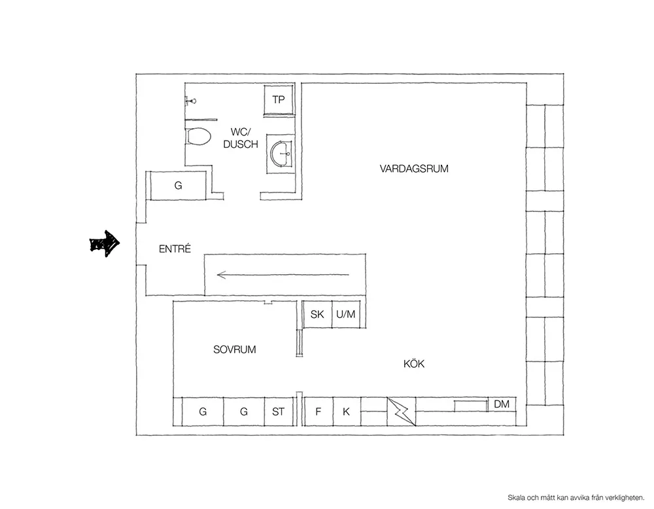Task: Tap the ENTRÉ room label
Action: coord(175,249)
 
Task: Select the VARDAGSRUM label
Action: coord(414,169)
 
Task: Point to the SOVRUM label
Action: coord(234,349)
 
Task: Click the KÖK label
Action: coord(414,364)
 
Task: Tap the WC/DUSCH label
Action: coord(241,138)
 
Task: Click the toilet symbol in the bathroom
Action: coord(198,137)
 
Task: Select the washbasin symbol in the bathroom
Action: coord(281,154)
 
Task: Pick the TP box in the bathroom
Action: coord(279,99)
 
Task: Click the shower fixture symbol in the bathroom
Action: coord(191,101)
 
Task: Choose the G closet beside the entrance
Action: coord(178,186)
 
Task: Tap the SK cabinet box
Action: coord(317,314)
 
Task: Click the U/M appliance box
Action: coord(345,314)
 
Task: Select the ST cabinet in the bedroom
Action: coord(278,412)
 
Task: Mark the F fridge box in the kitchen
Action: coord(318,412)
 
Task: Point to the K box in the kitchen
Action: coord(346,412)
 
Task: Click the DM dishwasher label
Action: coord(502,404)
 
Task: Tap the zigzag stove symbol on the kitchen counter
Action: coord(402,412)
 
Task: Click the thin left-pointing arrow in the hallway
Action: coord(283,275)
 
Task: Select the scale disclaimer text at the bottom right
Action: coord(576,498)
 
